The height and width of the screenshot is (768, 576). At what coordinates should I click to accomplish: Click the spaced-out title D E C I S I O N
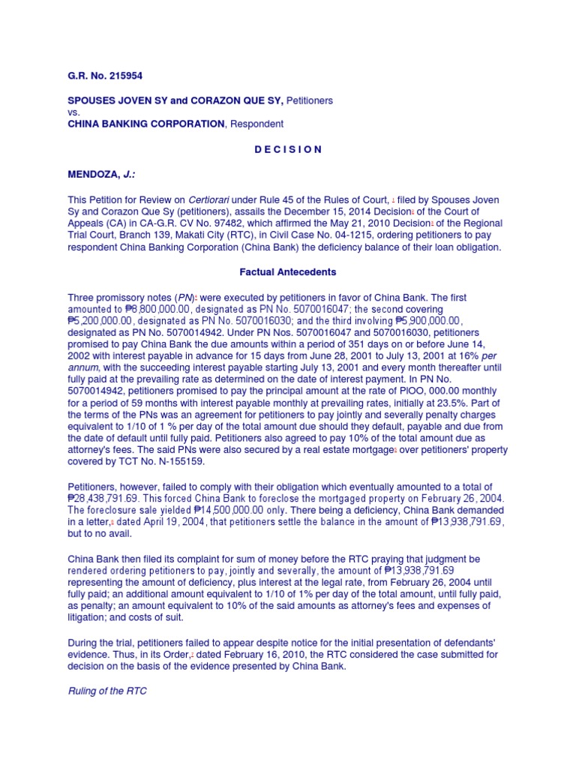click(x=288, y=149)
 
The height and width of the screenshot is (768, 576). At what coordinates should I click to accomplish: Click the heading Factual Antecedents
click(x=288, y=272)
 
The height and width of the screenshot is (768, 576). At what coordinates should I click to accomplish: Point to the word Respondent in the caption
click(x=257, y=124)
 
